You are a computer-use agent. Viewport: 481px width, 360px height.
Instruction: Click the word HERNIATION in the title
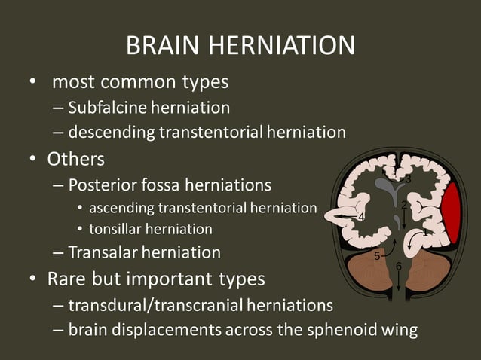pos(282,46)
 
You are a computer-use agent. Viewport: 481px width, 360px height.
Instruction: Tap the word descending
pos(111,133)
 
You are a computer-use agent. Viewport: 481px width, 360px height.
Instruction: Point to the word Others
pos(75,160)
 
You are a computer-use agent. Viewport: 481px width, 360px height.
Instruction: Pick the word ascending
pos(123,208)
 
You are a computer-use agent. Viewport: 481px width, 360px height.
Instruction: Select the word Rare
pos(66,279)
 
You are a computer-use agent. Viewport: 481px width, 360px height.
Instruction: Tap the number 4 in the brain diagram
pos(361,218)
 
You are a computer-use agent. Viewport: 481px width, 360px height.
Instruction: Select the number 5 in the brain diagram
pos(377,257)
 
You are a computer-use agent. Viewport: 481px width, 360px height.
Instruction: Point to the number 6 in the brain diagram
pos(399,266)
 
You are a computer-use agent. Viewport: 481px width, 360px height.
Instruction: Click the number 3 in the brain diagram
pos(408,179)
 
